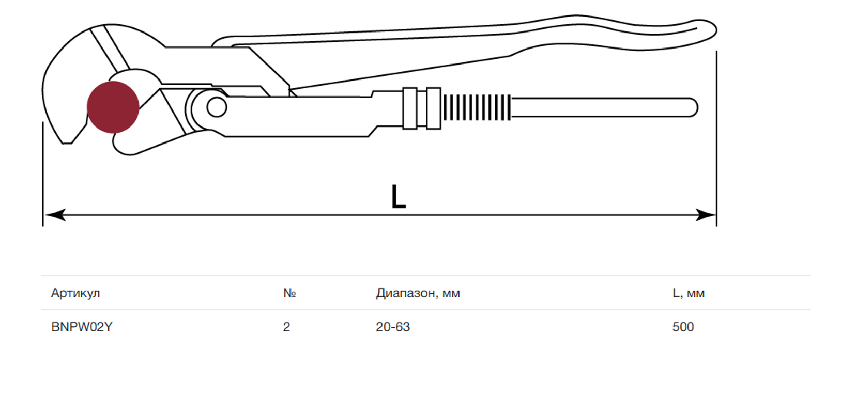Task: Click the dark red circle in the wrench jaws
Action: click(x=113, y=107)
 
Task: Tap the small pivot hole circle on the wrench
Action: click(x=217, y=107)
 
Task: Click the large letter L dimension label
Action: click(x=399, y=196)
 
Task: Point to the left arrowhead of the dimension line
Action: click(x=55, y=215)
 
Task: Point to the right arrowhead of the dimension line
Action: click(x=706, y=215)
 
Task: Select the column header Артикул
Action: click(x=75, y=293)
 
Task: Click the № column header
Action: click(x=289, y=293)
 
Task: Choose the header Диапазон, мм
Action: click(x=418, y=293)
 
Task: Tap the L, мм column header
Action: click(x=688, y=293)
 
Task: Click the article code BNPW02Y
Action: click(x=82, y=327)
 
